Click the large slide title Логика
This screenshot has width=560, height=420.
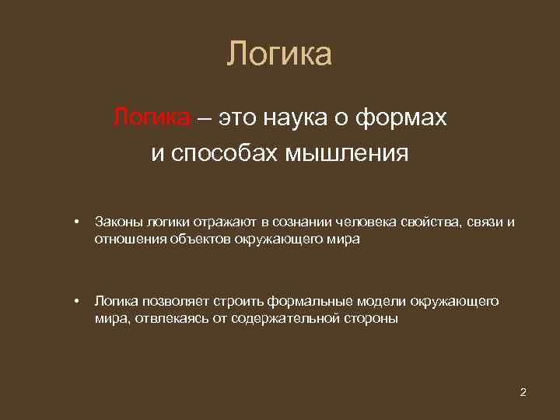280,54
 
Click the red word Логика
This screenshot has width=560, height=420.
151,118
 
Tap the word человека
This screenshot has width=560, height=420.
368,222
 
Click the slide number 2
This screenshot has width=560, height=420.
523,391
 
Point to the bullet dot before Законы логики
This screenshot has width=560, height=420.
77,223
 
